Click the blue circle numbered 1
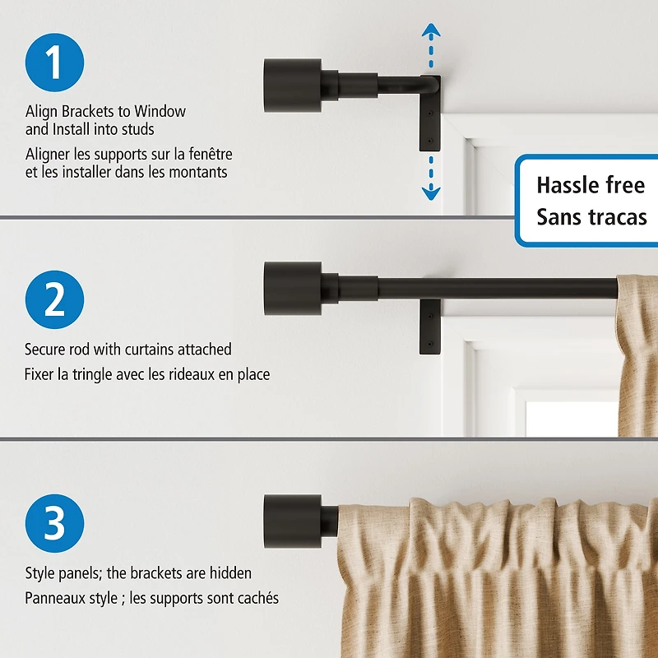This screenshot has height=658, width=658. tap(54, 63)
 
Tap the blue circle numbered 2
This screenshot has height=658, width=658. tap(54, 299)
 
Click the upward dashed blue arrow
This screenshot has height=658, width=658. tap(431, 45)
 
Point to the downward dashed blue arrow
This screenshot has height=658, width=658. tap(431, 181)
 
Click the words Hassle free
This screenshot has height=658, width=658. tap(590, 184)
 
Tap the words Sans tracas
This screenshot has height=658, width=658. tap(591, 217)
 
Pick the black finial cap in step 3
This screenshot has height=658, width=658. tap(292, 521)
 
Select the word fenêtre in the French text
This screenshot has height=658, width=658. tap(206, 154)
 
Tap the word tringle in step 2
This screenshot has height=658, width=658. tap(102, 374)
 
